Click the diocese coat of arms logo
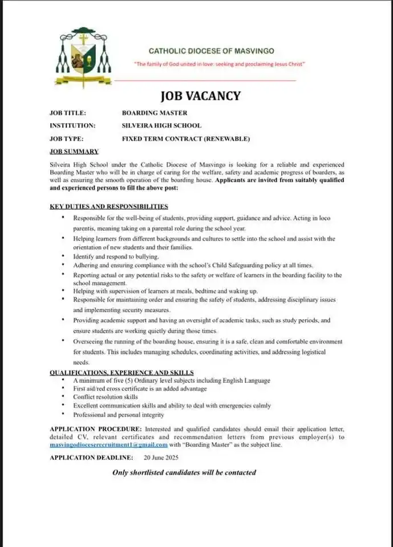point(83,57)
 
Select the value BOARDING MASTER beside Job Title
point(155,113)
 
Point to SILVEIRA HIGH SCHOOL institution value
point(161,125)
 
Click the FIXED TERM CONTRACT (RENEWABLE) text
point(186,138)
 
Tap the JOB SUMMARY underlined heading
point(74,151)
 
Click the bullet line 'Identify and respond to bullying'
point(116,257)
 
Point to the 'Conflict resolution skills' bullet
point(106,397)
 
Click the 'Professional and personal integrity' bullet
point(119,415)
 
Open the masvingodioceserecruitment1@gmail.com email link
point(108,444)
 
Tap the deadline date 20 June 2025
point(161,458)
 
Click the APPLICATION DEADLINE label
point(91,458)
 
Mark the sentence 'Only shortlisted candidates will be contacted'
point(184,472)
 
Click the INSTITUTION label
point(72,125)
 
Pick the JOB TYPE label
point(67,138)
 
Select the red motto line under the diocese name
point(220,64)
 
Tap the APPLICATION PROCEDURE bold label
point(96,428)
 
